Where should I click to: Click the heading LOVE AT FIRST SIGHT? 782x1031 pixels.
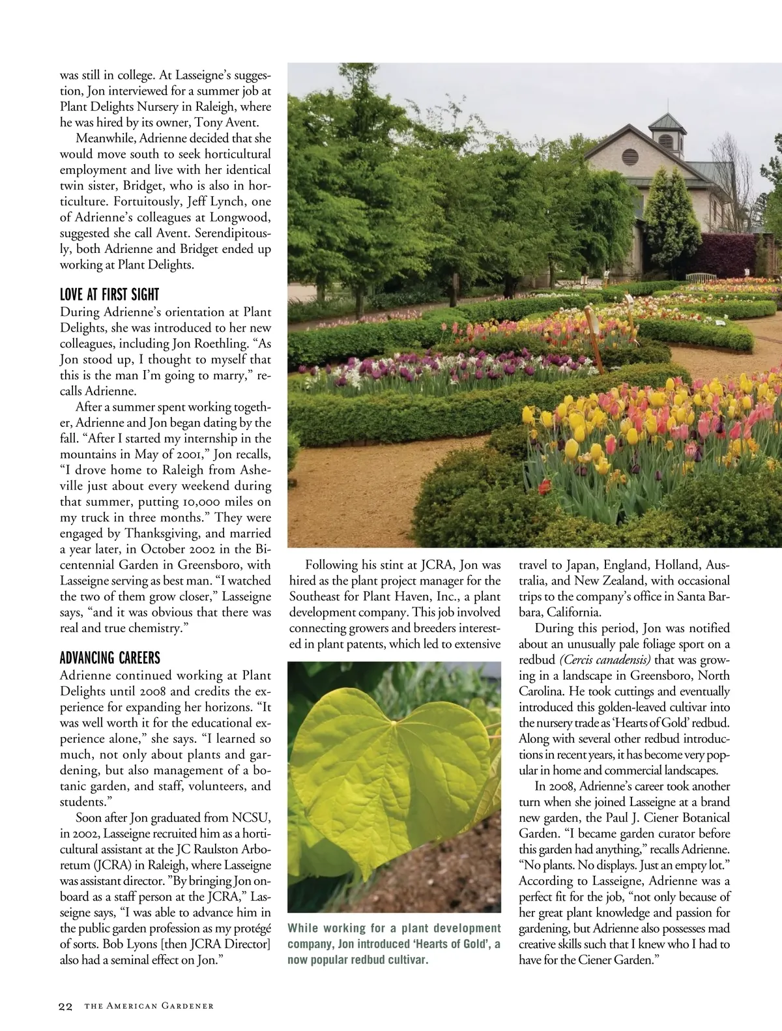coord(109,295)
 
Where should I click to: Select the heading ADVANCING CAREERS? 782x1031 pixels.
coord(109,658)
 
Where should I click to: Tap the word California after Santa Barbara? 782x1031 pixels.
coord(573,613)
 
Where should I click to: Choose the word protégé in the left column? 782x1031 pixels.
coord(248,928)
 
